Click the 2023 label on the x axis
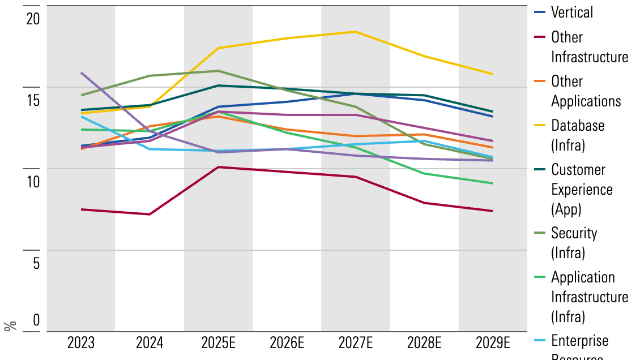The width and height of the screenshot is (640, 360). click(x=81, y=343)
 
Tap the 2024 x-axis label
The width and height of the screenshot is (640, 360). click(x=150, y=343)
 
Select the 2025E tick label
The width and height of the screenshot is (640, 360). click(x=218, y=343)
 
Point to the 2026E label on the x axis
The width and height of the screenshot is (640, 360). click(x=287, y=343)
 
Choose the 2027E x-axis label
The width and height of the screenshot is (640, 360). click(x=356, y=343)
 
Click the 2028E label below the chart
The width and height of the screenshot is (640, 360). click(x=424, y=343)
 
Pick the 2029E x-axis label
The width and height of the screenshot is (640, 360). click(x=493, y=343)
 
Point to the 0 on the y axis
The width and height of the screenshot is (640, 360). click(x=36, y=320)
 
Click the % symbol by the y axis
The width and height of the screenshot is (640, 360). click(x=10, y=326)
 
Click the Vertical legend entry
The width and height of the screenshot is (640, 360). click(x=572, y=12)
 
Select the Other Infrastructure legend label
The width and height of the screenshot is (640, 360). click(x=589, y=47)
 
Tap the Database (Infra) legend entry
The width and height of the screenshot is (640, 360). click(x=578, y=135)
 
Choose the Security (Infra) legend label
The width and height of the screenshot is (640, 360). click(x=574, y=242)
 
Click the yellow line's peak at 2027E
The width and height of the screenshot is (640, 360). click(x=356, y=32)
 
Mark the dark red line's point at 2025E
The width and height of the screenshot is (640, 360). click(x=218, y=167)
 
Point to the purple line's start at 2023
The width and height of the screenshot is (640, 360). click(x=82, y=72)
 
